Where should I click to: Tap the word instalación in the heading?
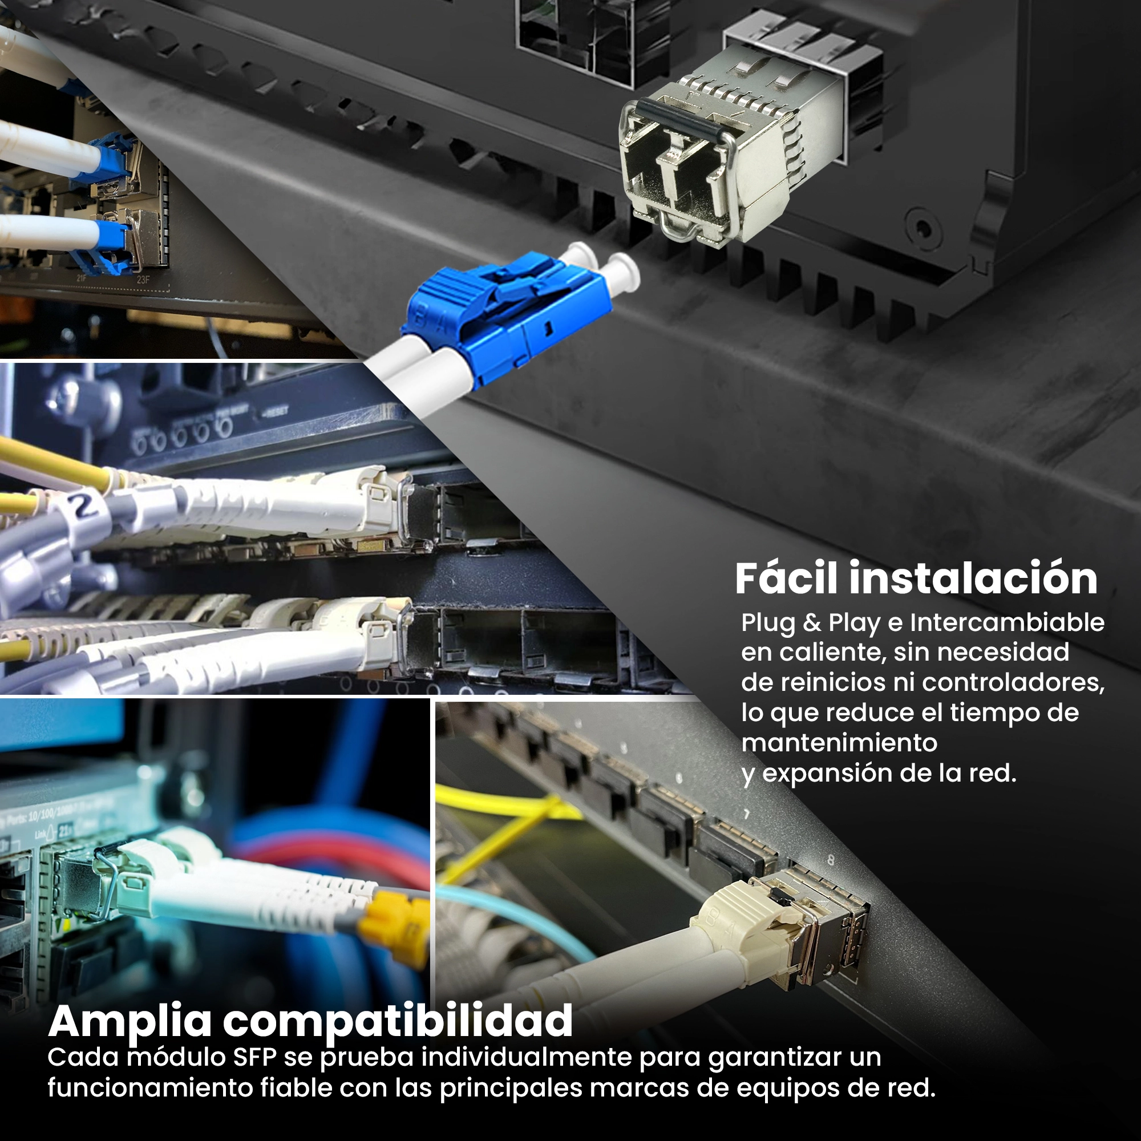(974, 578)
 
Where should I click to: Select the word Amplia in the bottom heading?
(130, 1022)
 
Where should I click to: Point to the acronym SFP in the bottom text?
(254, 1057)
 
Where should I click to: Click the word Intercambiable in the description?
(1007, 622)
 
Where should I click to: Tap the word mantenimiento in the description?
(839, 742)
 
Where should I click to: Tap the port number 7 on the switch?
(746, 815)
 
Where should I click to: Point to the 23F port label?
(143, 280)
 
